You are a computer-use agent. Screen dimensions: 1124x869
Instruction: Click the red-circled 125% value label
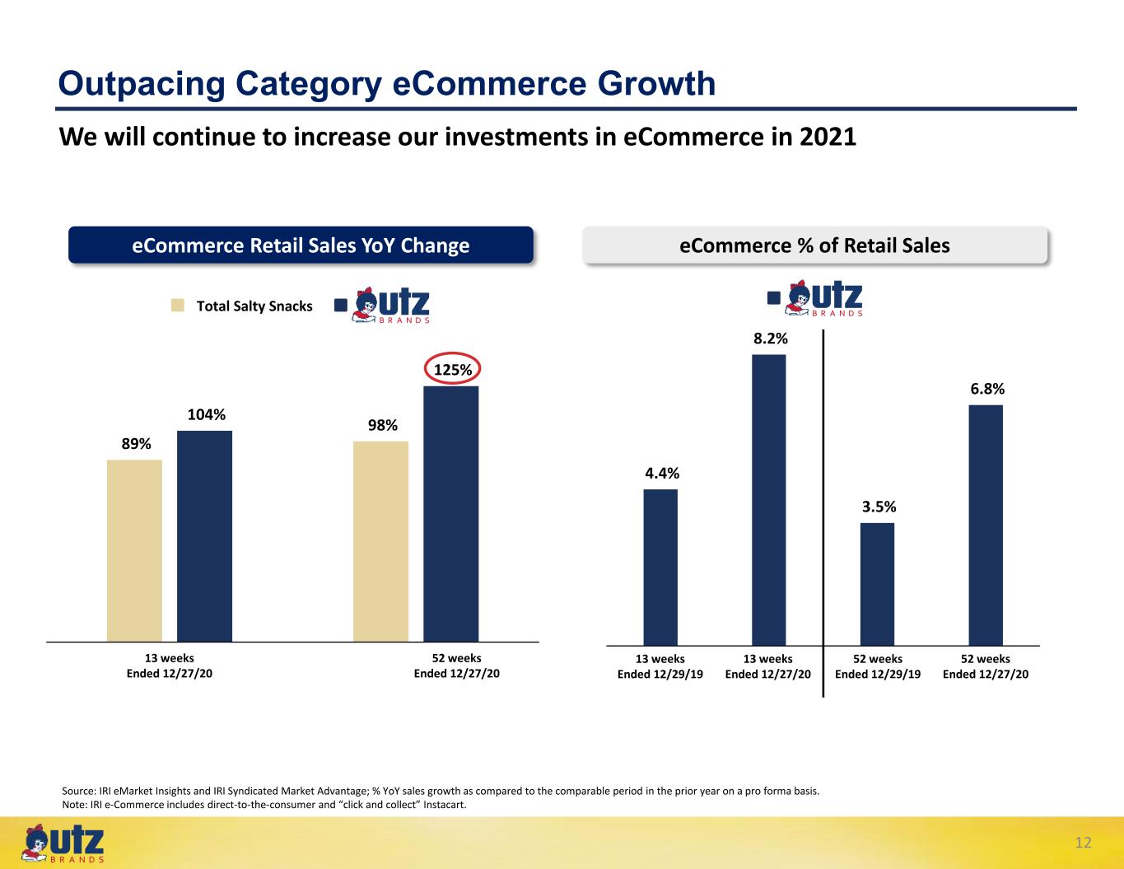[x=453, y=369]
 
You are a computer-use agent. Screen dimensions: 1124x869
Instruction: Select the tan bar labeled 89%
[x=134, y=551]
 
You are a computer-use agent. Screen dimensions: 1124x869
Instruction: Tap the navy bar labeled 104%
[x=204, y=536]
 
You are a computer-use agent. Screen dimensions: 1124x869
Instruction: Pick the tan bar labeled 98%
[x=380, y=541]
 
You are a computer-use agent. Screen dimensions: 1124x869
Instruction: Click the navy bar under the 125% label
[x=451, y=514]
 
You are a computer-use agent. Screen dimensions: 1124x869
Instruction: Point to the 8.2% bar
[x=768, y=500]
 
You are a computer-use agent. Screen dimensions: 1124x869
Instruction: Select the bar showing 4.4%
[x=660, y=568]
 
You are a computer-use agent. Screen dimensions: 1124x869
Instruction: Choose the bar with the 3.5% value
[x=877, y=585]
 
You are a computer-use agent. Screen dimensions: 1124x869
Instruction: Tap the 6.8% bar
[x=986, y=526]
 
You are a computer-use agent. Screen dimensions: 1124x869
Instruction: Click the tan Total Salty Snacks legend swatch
[x=178, y=306]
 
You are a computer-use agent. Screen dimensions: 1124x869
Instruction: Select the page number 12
[x=1083, y=843]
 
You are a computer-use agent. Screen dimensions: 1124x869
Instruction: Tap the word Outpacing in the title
[x=142, y=84]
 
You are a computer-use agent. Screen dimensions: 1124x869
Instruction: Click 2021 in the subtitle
[x=828, y=137]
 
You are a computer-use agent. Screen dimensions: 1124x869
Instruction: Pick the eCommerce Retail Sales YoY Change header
[x=301, y=245]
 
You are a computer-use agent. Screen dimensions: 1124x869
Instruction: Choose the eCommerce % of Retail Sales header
[x=814, y=245]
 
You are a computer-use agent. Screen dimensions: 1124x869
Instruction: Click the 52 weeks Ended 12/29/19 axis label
[x=878, y=666]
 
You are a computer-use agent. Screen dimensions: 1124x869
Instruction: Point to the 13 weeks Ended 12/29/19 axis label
[x=660, y=666]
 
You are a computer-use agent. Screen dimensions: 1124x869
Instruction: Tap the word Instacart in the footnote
[x=445, y=805]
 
